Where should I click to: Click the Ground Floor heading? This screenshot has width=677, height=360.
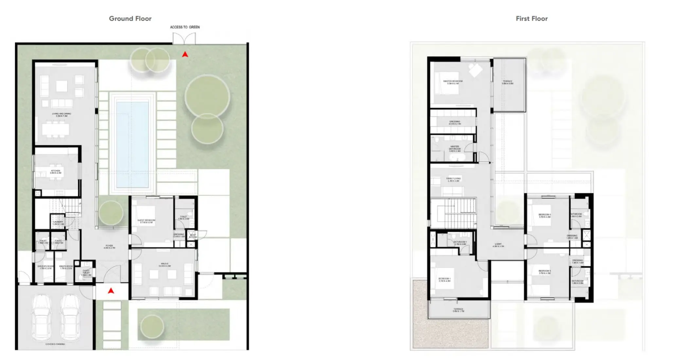point(130,19)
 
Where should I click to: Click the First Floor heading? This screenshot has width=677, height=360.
point(531,19)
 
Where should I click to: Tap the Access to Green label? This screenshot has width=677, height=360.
point(185,27)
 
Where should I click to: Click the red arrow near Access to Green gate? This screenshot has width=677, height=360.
point(185,55)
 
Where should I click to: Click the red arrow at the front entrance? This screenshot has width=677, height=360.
point(111,291)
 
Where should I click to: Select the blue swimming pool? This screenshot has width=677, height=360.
point(132,144)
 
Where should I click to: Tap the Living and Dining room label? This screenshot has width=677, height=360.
point(62,115)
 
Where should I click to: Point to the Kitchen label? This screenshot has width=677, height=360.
point(56,172)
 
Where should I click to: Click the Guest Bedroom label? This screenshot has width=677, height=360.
point(146,221)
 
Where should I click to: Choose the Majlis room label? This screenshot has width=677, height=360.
point(164,265)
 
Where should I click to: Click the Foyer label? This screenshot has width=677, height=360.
point(109,247)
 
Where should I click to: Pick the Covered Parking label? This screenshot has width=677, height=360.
point(55,344)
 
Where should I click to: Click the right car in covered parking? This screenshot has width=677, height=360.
point(70,317)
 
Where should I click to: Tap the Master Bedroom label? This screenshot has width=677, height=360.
point(453,82)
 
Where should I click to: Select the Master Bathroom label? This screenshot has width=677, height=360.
point(454,149)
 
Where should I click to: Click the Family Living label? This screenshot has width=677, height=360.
point(453,180)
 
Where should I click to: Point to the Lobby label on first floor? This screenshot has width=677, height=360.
point(498,245)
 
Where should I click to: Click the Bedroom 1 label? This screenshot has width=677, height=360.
point(444,280)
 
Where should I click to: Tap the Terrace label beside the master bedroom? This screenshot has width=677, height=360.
point(508,82)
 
